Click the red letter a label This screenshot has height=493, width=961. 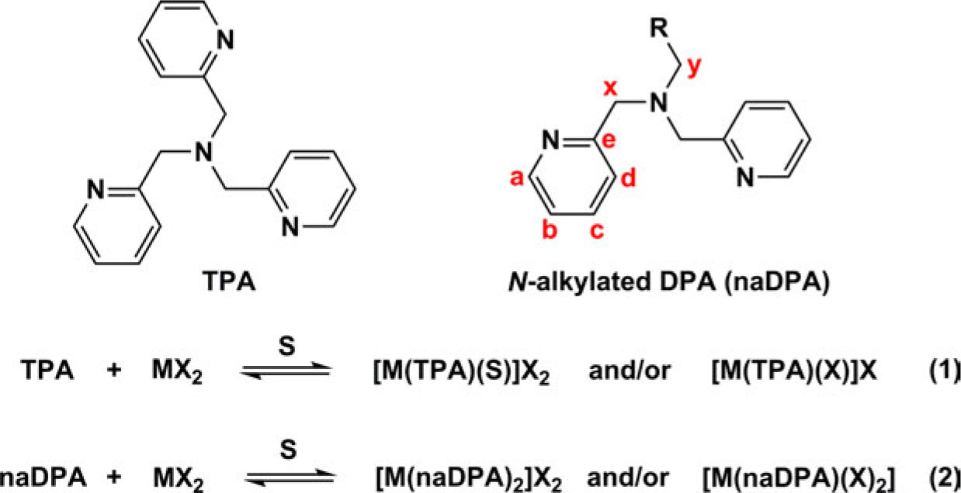click(x=517, y=178)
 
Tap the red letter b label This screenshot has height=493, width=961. click(x=550, y=229)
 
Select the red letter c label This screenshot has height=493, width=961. click(x=597, y=230)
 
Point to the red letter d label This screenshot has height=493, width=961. click(x=629, y=177)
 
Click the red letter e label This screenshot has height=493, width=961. click(x=609, y=140)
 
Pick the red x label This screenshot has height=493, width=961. click(x=610, y=87)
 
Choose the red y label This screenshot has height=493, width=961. click(x=694, y=67)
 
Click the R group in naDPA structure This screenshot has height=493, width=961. click(x=659, y=28)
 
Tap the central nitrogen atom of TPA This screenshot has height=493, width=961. click(x=204, y=152)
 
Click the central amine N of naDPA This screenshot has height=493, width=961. click(x=659, y=103)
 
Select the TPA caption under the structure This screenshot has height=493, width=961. click(x=229, y=281)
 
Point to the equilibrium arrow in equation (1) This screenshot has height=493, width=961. click(x=286, y=370)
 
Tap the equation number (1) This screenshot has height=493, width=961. click(x=945, y=370)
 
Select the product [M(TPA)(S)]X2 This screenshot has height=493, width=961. click(x=461, y=371)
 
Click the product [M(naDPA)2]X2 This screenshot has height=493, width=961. click(x=469, y=478)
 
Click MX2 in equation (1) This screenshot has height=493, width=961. click(x=177, y=371)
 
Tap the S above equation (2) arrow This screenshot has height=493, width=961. click(x=288, y=450)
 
